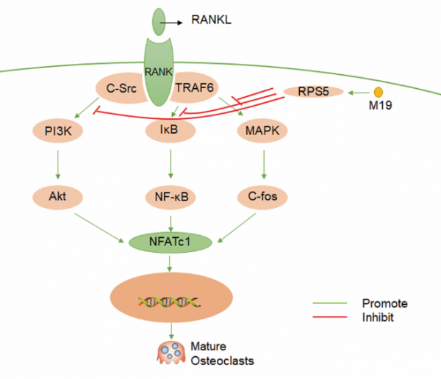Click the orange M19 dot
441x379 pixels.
click(379, 92)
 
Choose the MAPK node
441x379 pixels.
click(262, 132)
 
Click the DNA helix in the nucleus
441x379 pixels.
click(170, 300)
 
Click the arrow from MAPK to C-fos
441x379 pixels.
click(262, 165)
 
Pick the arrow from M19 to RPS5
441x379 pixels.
click(358, 93)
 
